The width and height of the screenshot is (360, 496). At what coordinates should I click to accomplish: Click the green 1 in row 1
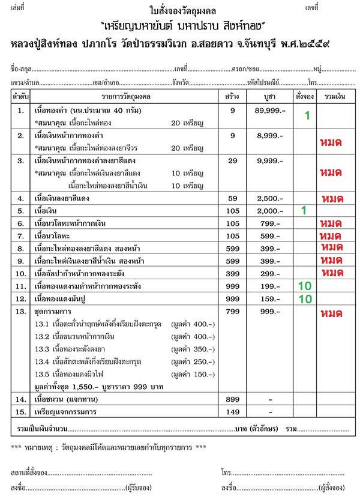point(306,116)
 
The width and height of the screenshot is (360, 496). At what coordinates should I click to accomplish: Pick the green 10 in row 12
point(304,298)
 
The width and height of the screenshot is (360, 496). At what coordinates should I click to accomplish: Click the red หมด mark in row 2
point(331,142)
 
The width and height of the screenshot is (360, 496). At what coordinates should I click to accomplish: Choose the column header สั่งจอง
point(304,96)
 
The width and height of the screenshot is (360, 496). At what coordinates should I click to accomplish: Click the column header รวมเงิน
point(334,96)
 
